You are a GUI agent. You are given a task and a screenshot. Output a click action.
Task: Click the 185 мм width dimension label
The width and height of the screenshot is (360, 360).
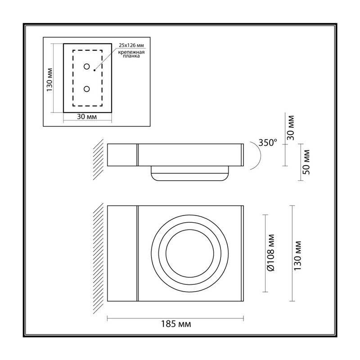[175, 324]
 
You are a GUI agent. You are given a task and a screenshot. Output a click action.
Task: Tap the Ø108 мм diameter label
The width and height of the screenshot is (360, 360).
[271, 253]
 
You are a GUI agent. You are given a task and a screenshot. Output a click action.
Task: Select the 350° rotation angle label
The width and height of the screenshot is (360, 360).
[268, 143]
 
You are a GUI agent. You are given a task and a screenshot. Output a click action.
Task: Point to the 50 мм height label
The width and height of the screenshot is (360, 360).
[306, 162]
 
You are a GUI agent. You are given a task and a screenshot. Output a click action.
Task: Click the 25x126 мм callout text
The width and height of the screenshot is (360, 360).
[131, 45]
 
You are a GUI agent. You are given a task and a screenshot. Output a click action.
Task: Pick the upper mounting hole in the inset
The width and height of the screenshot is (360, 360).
[86, 67]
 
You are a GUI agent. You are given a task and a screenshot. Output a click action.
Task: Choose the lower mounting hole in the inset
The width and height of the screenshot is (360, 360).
[86, 89]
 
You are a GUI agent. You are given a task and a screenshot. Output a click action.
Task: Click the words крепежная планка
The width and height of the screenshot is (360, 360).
[131, 54]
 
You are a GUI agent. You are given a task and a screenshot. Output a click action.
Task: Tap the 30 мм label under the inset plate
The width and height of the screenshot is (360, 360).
[87, 117]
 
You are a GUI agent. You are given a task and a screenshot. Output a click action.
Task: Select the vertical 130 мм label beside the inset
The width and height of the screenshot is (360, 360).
[49, 80]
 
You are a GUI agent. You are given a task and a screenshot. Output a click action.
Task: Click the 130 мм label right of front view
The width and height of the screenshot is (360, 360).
[297, 255]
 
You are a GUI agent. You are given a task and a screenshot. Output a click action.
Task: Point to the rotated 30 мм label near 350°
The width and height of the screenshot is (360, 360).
[291, 128]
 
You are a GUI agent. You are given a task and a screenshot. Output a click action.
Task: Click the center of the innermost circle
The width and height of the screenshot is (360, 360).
[189, 253]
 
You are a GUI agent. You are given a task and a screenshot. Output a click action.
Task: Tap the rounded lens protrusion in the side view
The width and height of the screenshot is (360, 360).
[189, 173]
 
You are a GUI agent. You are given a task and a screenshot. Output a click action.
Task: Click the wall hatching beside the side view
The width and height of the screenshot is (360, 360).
[98, 159]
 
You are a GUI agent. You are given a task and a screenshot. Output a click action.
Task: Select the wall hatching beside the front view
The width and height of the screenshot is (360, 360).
[98, 258]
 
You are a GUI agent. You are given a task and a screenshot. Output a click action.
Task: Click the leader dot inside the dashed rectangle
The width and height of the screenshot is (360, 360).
[94, 70]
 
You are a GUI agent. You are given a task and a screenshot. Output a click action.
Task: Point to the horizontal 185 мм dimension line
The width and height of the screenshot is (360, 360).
[175, 318]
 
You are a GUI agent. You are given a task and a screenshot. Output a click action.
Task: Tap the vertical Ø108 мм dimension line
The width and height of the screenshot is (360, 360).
[265, 253]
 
